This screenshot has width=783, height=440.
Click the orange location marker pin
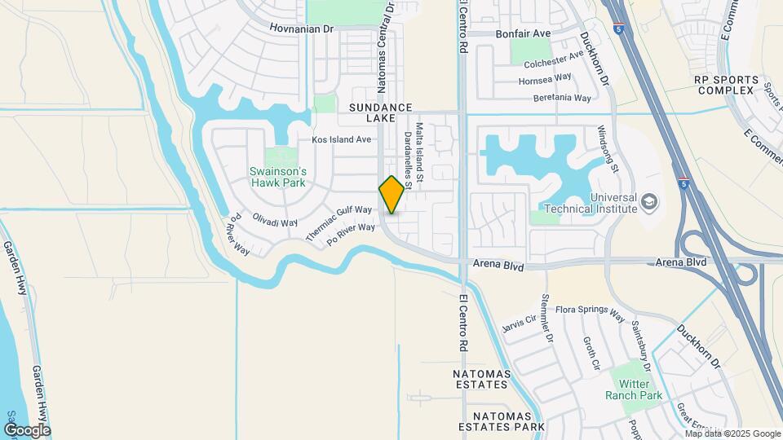[391, 195]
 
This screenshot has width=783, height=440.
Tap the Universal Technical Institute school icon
[649, 201]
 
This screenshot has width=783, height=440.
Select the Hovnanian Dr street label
[303, 29]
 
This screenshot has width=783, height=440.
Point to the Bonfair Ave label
[524, 33]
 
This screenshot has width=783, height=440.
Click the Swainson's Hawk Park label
[278, 177]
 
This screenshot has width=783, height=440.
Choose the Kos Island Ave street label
[342, 139]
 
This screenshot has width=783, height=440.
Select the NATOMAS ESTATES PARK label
[501, 426]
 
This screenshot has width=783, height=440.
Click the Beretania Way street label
[561, 98]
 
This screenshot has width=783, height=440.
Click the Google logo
[26, 429]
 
